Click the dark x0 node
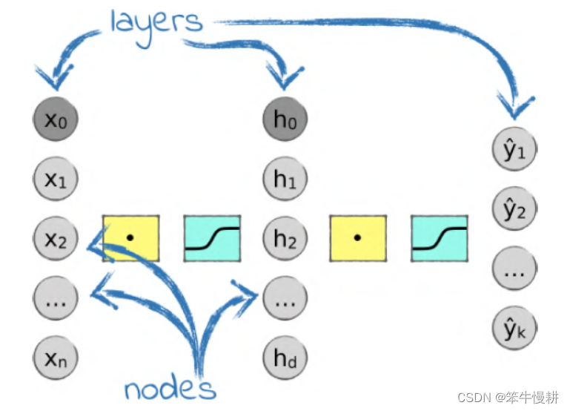56,119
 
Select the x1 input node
56,179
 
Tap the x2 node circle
56,239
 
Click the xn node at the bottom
56,359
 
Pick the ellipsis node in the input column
56,299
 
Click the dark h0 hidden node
285,119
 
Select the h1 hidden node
285,179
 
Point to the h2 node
285,239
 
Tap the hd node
285,359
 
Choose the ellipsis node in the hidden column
285,299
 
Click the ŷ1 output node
514,149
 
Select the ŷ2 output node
514,210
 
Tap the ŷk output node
514,329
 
